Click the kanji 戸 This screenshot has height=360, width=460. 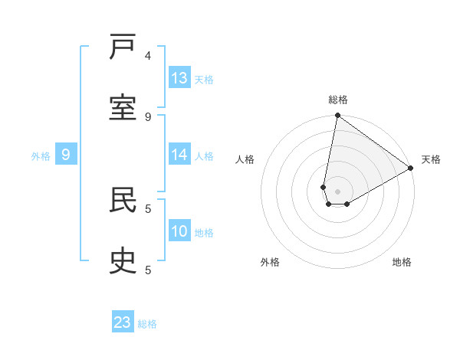point(123,47)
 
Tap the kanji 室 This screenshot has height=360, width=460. point(123,108)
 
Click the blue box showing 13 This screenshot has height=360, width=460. point(179,78)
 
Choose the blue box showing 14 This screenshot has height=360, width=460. point(179,155)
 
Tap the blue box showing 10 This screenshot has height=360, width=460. point(179,231)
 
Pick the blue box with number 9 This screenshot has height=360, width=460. point(66,155)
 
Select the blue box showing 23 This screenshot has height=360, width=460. point(123,322)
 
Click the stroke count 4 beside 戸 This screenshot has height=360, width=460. point(148,55)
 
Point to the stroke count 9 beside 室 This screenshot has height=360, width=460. point(148,116)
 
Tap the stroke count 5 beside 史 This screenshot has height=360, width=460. point(148,270)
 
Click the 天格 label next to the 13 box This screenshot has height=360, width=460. point(204,79)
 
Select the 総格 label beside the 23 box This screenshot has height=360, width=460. point(147,323)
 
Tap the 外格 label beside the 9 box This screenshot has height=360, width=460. point(41,156)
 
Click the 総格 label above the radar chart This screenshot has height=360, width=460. point(338,100)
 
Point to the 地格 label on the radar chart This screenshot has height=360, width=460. point(402,262)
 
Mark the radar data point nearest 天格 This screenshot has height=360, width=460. point(411,169)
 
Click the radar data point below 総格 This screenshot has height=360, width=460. point(337,116)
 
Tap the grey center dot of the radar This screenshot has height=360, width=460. point(337,191)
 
